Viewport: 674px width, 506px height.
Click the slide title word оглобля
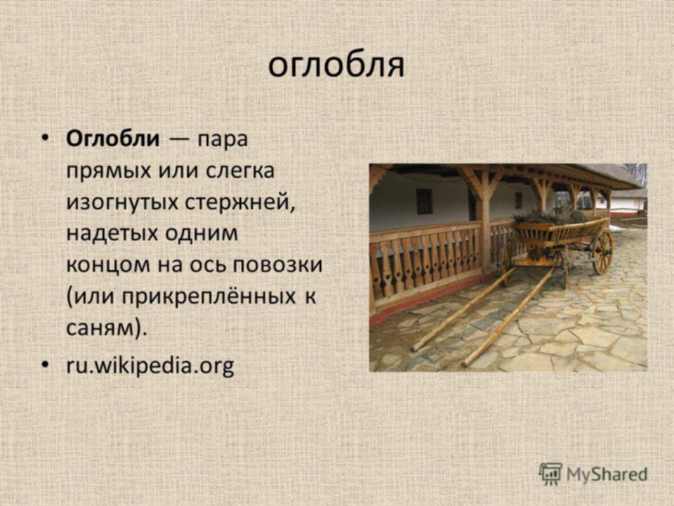click(x=336, y=66)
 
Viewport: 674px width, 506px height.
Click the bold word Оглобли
click(x=112, y=138)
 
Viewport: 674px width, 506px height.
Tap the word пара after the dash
click(x=223, y=141)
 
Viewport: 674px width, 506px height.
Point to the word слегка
click(x=240, y=170)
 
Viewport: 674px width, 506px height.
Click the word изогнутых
click(x=122, y=202)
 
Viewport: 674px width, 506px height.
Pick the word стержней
click(x=240, y=202)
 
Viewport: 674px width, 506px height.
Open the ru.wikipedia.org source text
click(x=150, y=366)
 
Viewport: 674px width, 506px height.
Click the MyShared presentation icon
click(x=550, y=474)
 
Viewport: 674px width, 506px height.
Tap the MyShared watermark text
click(x=607, y=474)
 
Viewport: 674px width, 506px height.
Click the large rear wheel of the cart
click(x=602, y=252)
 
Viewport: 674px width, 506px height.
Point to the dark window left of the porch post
click(x=424, y=201)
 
